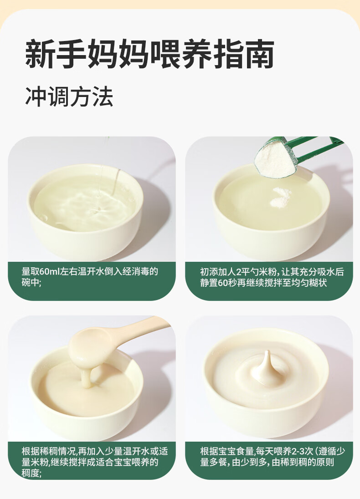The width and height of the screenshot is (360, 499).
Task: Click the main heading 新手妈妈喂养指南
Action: pyautogui.click(x=150, y=54)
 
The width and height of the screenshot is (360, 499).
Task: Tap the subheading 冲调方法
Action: pyautogui.click(x=69, y=97)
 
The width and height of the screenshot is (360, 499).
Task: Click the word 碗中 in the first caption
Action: pyautogui.click(x=30, y=282)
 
